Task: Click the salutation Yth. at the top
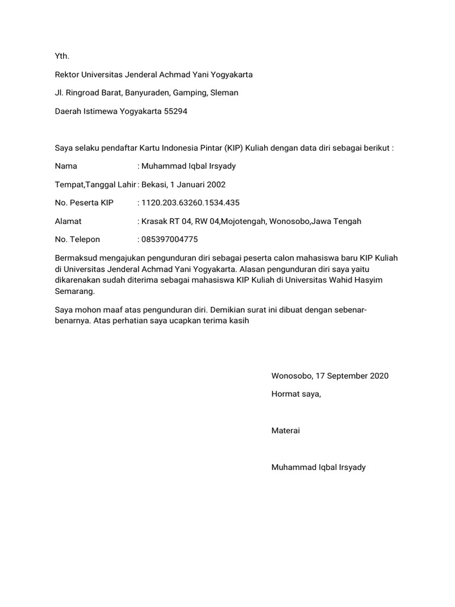tap(62, 56)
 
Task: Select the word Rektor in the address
tap(68, 75)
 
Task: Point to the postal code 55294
tap(175, 111)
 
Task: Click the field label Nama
tap(66, 167)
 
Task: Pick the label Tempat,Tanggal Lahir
tap(95, 184)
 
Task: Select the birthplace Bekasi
tap(154, 184)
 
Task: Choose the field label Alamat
tap(68, 221)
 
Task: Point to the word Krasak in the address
tap(155, 221)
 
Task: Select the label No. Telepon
tap(78, 239)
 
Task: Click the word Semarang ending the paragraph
tap(74, 291)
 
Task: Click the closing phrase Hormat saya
tap(296, 394)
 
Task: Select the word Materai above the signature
tap(286, 430)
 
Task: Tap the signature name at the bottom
tap(318, 467)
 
